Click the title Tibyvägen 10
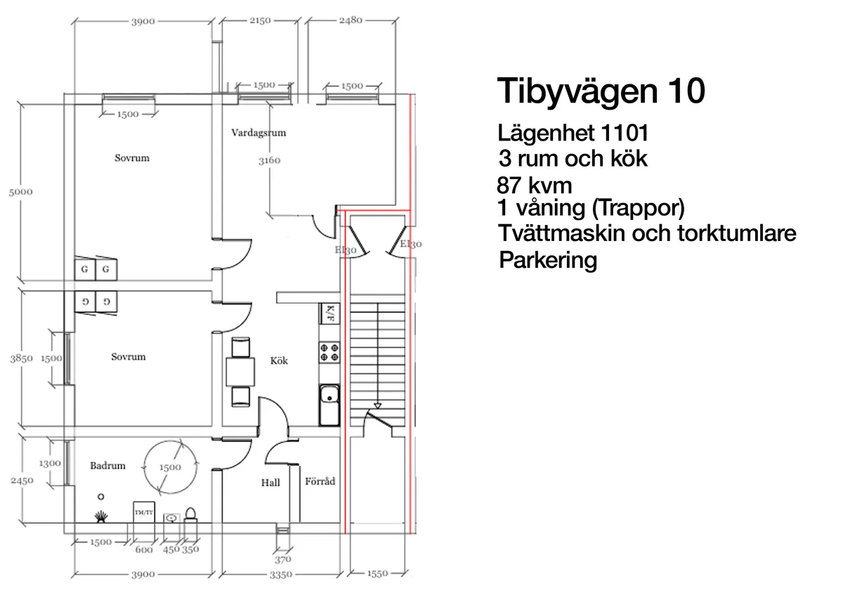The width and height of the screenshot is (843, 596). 601,92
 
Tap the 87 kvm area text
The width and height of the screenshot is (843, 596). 534,186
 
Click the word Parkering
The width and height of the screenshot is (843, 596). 548,261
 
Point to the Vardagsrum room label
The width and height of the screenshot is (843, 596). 259,132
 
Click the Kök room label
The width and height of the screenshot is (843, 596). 279,361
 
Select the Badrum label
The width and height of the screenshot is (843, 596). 107,465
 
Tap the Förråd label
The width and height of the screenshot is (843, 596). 320,482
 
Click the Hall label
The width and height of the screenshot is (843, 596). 270,483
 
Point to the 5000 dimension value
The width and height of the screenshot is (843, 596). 20,191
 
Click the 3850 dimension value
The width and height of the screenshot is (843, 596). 21,358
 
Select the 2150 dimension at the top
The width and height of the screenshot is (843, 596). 259,20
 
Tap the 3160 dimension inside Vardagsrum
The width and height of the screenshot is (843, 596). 269,160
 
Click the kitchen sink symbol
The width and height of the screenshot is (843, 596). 329,406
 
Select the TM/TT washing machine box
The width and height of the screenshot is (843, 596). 143,512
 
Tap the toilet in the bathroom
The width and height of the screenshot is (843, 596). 190,514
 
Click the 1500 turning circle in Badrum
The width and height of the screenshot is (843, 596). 167,465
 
